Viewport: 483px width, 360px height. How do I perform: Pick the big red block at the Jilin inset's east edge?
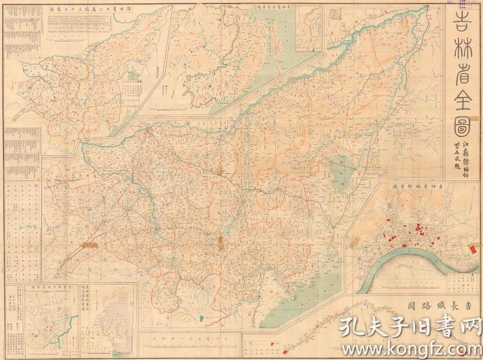tap(473, 250)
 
